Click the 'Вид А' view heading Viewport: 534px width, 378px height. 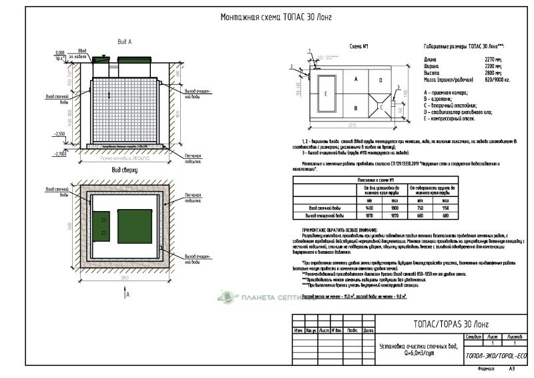(x=125, y=41)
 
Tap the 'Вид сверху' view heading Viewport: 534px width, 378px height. (x=125, y=170)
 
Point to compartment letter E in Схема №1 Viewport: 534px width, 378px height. (x=326, y=94)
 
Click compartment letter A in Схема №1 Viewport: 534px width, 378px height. (x=356, y=79)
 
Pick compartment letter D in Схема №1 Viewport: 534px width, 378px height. (x=380, y=80)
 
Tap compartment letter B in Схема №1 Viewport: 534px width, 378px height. (x=356, y=106)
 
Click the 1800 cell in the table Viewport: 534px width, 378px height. (x=394, y=208)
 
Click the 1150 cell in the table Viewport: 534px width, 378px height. (x=445, y=208)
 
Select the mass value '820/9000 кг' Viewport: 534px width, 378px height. (x=497, y=79)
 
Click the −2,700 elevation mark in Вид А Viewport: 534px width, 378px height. (x=60, y=154)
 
